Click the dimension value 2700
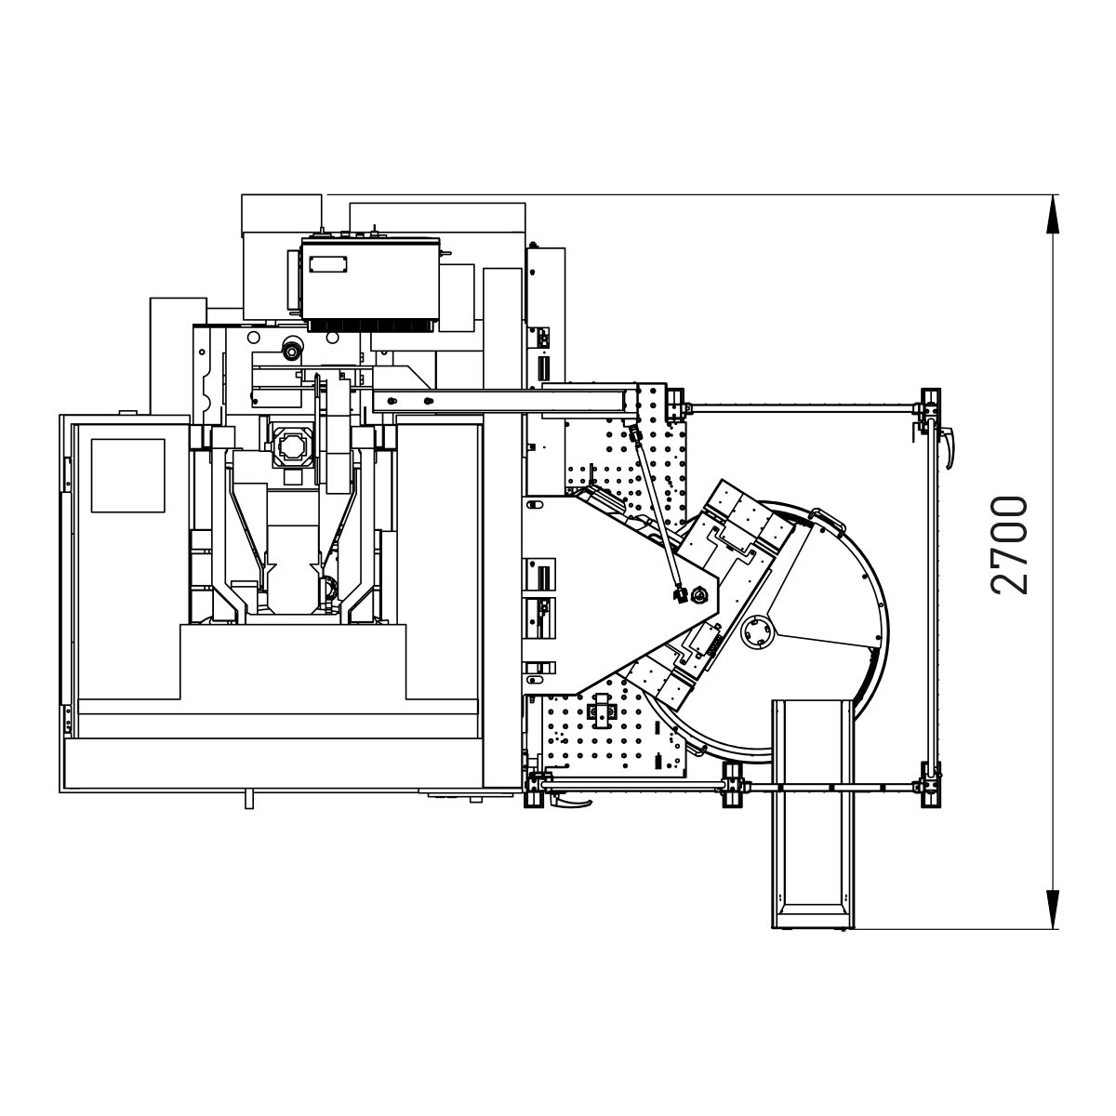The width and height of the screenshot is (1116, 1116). click(1009, 546)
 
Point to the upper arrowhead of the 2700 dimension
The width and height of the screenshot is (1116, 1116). click(1052, 215)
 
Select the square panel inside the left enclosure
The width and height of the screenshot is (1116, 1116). click(128, 475)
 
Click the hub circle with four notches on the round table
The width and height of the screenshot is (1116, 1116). click(758, 632)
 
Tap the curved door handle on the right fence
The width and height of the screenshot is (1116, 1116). click(948, 447)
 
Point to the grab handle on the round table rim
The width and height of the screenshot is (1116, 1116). click(829, 517)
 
